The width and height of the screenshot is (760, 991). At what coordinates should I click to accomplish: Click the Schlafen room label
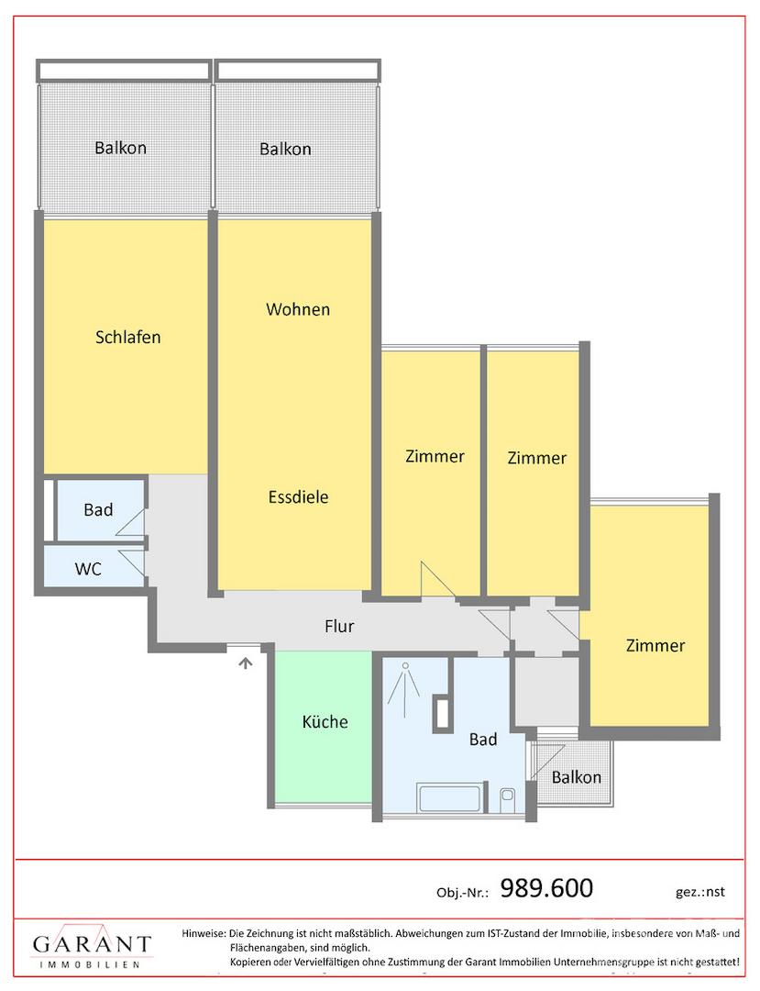click(128, 337)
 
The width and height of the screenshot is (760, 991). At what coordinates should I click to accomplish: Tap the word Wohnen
click(298, 309)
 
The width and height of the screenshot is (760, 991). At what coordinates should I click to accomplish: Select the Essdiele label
click(299, 496)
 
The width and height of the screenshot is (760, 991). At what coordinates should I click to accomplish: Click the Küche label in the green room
click(325, 722)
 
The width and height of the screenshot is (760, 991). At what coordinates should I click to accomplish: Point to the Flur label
click(339, 627)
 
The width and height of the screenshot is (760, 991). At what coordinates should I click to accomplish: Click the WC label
click(88, 569)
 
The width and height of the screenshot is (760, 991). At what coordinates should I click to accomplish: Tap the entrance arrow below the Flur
click(245, 663)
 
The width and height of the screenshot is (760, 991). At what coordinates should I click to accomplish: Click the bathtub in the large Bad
click(451, 799)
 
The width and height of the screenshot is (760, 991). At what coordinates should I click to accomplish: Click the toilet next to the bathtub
click(507, 800)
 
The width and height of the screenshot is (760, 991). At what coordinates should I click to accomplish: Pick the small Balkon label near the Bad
click(577, 777)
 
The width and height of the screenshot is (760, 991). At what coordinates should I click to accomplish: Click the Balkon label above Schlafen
click(121, 148)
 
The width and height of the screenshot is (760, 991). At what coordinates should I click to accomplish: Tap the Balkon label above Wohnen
click(285, 150)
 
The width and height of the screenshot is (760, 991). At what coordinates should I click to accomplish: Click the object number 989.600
click(546, 888)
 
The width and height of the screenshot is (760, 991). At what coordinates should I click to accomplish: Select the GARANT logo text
click(93, 944)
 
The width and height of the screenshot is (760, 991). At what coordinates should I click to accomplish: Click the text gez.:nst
click(699, 892)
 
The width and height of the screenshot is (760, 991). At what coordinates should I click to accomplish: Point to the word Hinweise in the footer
click(204, 933)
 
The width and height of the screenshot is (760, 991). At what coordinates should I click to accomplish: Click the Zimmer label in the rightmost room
click(655, 645)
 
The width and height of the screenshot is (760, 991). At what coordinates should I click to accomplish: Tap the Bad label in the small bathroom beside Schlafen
click(98, 509)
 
